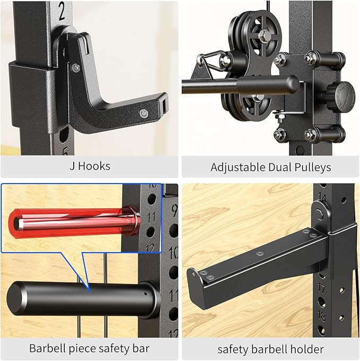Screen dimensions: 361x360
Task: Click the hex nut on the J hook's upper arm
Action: pos(76,67)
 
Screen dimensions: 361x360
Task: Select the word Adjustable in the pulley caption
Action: pos(235,167)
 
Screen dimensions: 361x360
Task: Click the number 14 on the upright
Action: pos(322,199)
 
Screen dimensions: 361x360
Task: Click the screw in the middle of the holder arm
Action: pos(260,253)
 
